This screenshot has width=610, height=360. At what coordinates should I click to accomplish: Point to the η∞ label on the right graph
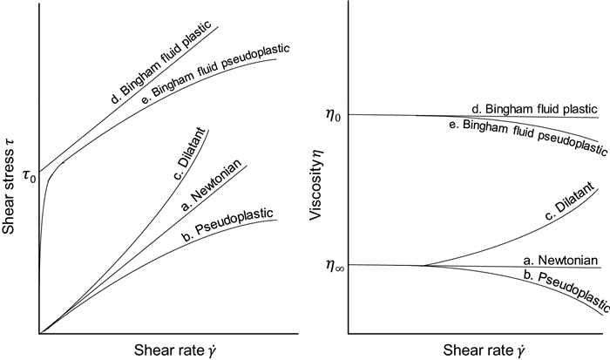[331, 266]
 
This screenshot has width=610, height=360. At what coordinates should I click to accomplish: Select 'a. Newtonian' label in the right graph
[559, 260]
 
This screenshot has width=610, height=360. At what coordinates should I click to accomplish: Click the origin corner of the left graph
[39, 333]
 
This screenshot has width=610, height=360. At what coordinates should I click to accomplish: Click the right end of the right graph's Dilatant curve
[599, 187]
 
